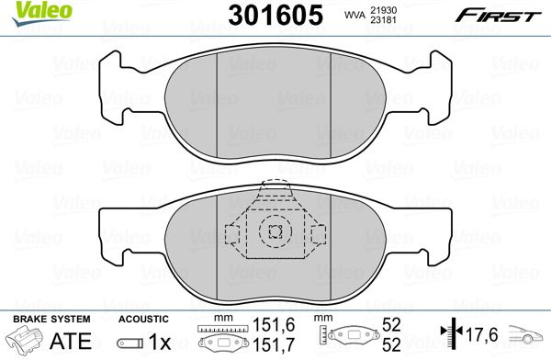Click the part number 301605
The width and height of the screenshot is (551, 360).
click(275, 15)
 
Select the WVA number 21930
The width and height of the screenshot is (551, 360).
click(383, 10)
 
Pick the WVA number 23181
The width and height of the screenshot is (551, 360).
click(383, 20)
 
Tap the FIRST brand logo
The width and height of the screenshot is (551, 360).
click(498, 16)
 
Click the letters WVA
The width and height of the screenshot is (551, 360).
click(354, 15)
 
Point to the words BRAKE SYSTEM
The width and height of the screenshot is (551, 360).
click(51, 319)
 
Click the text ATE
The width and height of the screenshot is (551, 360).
click(71, 341)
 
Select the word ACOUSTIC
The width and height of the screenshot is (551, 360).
click(143, 319)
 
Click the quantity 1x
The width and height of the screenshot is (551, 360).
click(160, 341)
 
